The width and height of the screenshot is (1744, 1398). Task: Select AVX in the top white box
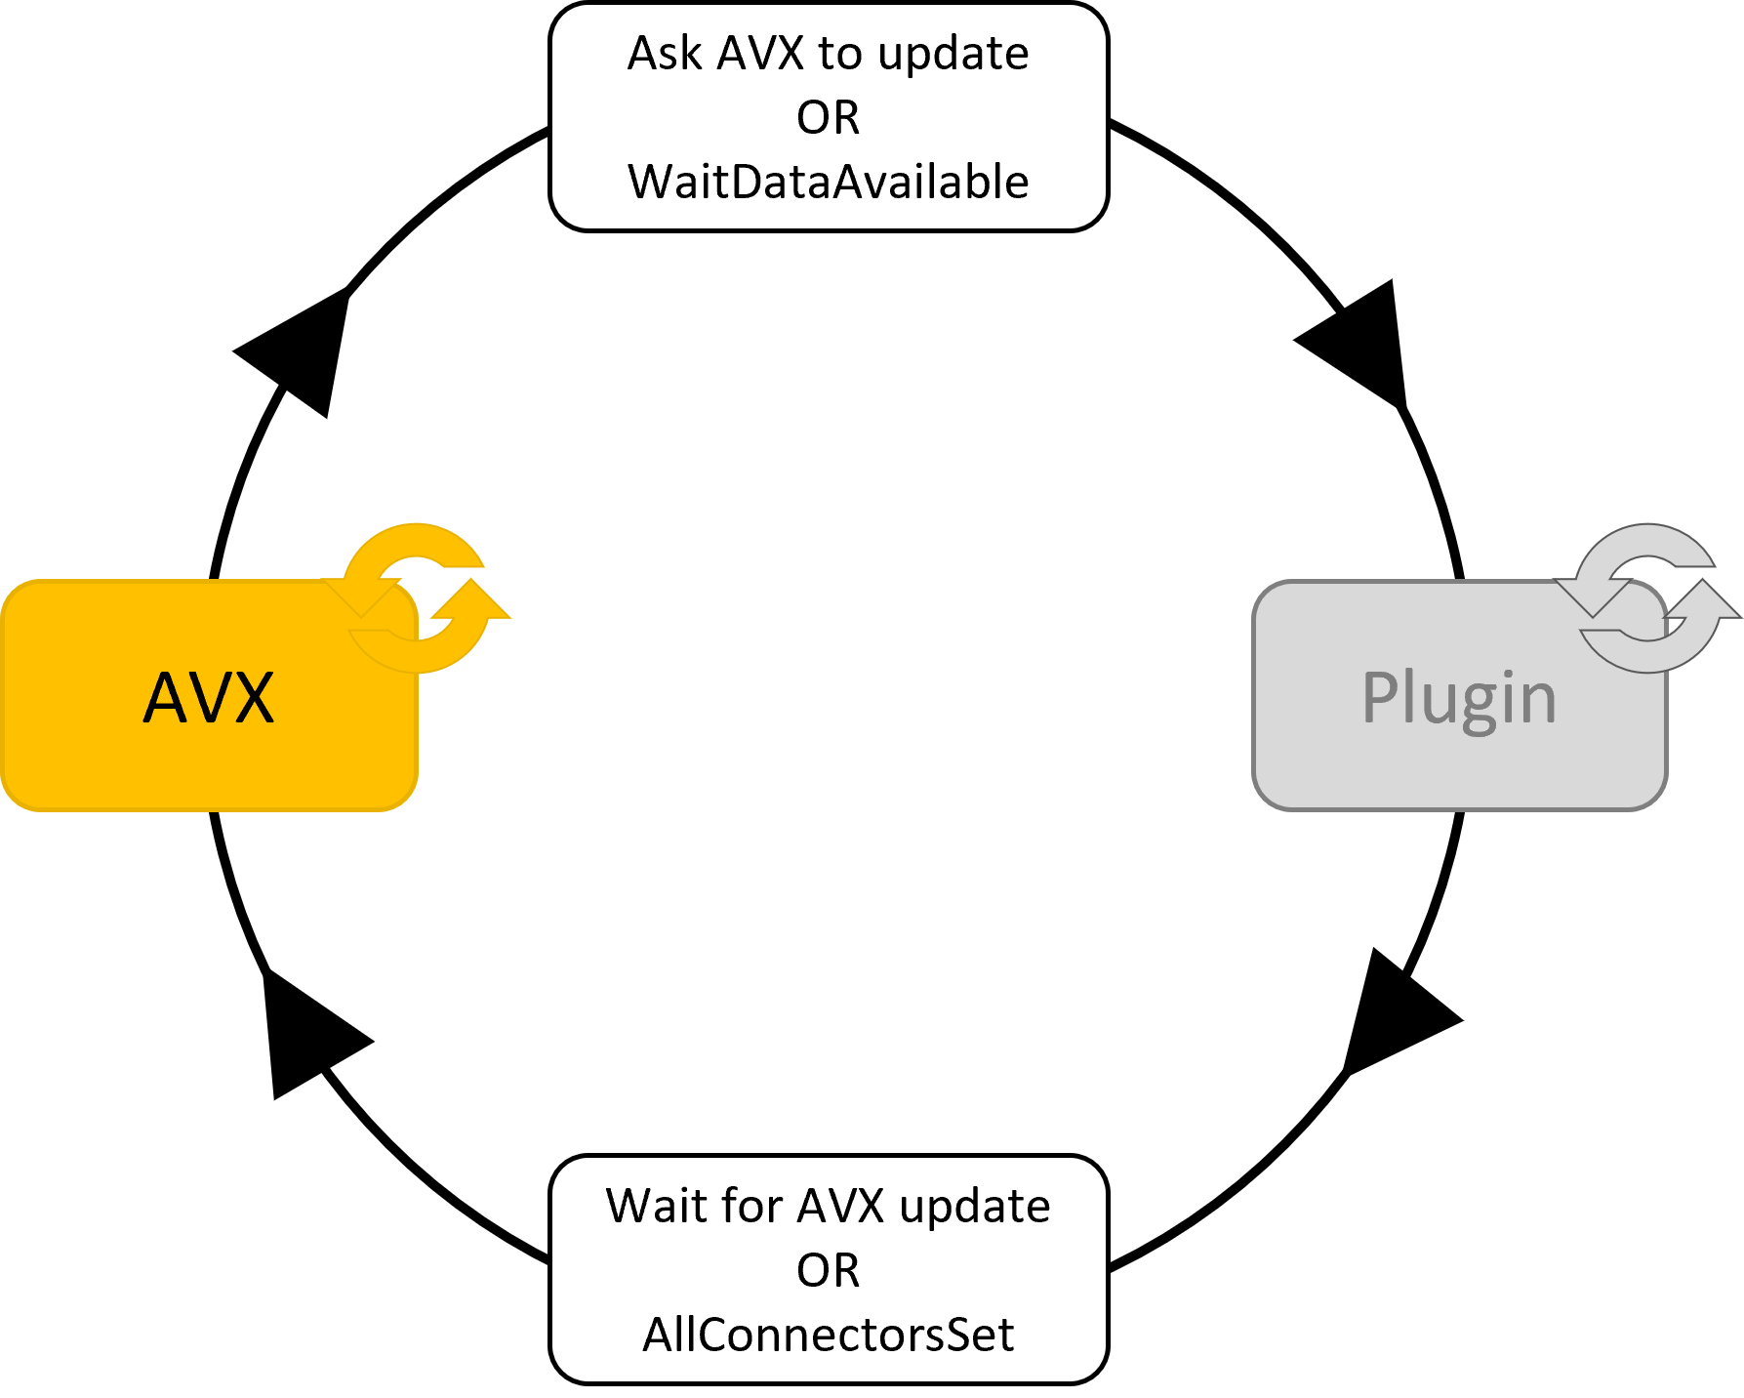coord(760,54)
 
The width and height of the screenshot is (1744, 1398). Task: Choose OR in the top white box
coord(828,118)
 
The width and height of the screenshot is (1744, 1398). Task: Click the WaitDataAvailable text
coord(828,183)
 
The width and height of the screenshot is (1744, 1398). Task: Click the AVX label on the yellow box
coord(209,698)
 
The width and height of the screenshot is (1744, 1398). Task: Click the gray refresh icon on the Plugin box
coord(1648,597)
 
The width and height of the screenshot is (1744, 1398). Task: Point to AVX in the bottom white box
coord(840,1207)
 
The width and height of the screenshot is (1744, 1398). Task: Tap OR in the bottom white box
coord(828,1271)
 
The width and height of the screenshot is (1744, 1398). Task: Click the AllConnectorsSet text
coord(828,1335)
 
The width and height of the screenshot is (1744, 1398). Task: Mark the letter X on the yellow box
coord(251,698)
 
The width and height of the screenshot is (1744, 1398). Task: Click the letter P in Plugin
coord(1383,697)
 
